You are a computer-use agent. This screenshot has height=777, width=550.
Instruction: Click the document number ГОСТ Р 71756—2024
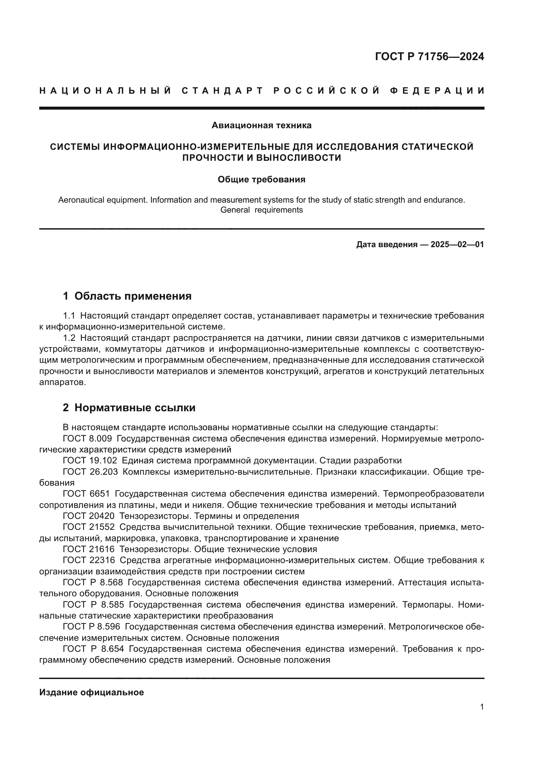[429, 56]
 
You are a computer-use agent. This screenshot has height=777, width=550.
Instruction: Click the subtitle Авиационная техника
[261, 126]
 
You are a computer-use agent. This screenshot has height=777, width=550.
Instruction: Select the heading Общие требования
[261, 180]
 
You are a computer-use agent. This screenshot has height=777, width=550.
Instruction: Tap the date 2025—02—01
[457, 245]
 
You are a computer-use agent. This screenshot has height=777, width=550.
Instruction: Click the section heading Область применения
[133, 296]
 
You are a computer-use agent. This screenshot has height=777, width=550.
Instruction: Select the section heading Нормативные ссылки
[135, 408]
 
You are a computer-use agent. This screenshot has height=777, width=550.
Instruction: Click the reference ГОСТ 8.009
[87, 439]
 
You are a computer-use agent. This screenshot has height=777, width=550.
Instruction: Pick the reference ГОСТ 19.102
[90, 460]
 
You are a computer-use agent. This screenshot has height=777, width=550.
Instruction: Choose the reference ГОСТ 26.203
[90, 472]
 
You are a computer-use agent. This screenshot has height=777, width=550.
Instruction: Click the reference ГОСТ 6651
[86, 494]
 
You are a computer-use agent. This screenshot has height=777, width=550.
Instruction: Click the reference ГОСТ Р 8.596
[91, 627]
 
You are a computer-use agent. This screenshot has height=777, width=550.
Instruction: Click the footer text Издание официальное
[91, 692]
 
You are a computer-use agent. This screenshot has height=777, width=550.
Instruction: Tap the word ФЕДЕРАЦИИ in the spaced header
[437, 91]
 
